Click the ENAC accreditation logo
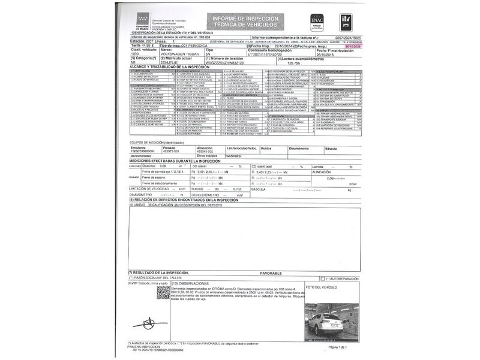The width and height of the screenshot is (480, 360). pos(317,22)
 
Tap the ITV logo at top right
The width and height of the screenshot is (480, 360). pos(347,22)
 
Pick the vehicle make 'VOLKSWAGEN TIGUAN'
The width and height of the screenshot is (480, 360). pos(181,54)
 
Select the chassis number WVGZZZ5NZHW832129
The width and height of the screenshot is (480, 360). pos(224,62)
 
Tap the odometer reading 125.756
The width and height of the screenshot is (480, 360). pos(293,62)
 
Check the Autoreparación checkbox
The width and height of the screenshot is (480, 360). pos(323,278)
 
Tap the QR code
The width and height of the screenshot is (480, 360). pos(163,293)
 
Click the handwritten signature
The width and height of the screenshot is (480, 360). pos(147,325)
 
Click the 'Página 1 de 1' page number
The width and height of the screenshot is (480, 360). pos(338,347)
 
